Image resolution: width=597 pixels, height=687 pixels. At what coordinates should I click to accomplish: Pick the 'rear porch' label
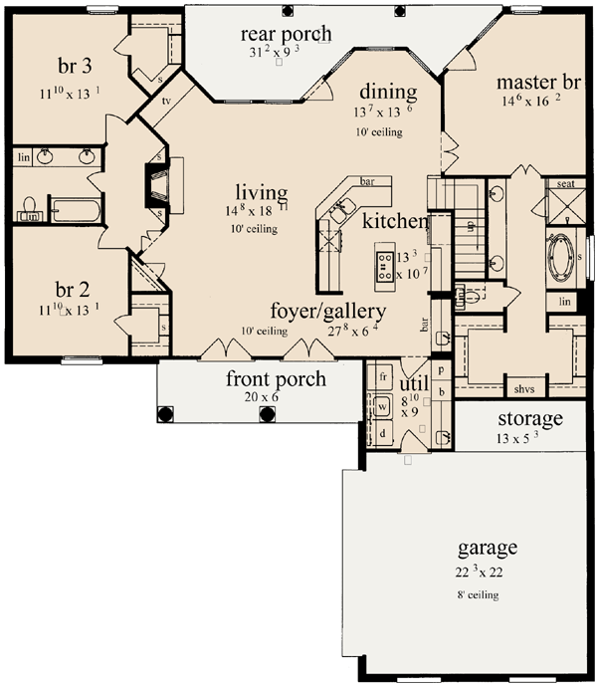[286, 35]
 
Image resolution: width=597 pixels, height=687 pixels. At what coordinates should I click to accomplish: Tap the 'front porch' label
[262, 378]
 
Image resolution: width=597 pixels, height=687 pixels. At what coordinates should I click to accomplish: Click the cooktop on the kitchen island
[384, 263]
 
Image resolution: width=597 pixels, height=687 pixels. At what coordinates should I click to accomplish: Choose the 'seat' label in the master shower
[564, 183]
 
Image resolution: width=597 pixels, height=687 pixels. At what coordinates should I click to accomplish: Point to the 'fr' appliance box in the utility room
[382, 377]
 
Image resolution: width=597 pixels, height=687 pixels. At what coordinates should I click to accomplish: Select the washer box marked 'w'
[382, 406]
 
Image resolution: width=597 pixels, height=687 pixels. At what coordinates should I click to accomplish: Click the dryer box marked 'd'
[382, 434]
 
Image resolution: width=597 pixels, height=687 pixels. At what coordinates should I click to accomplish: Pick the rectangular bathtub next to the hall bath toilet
[75, 210]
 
